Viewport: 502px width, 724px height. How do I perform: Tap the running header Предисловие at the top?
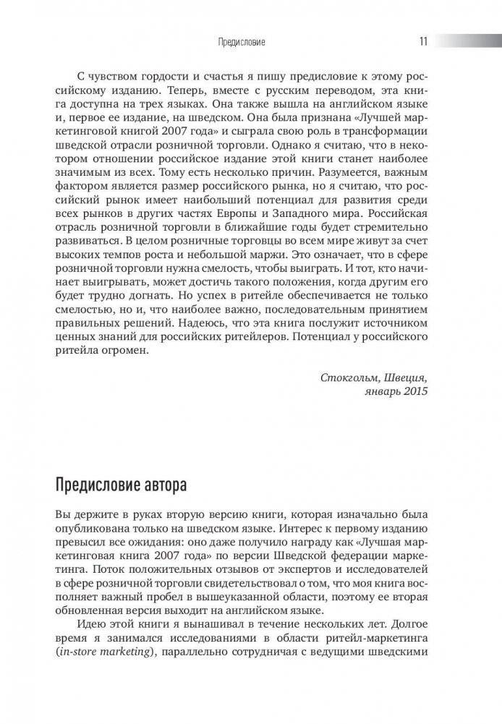[242, 43]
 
